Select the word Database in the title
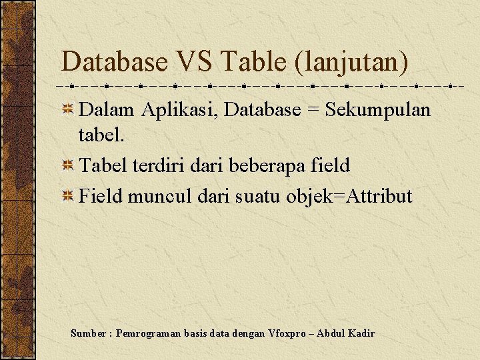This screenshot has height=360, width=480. (115, 63)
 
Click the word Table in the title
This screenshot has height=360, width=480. (249, 63)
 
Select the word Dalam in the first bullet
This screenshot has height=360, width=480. (107, 110)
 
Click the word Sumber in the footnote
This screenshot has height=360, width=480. (88, 333)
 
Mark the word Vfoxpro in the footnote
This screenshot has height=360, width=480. (290, 333)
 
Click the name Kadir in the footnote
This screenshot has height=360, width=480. (361, 333)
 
